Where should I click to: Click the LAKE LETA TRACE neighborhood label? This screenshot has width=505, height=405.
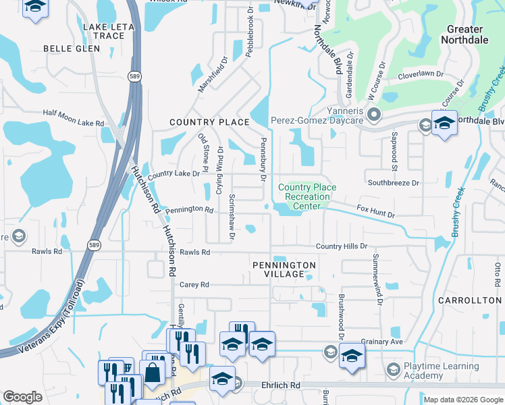(x=103, y=31)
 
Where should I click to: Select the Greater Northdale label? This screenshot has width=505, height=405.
(x=464, y=34)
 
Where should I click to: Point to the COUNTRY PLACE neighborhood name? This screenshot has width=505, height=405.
(x=209, y=122)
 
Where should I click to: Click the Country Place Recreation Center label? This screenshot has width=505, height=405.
(x=307, y=196)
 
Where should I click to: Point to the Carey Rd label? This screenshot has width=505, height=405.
(x=194, y=285)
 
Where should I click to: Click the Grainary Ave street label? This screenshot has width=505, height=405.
(x=381, y=342)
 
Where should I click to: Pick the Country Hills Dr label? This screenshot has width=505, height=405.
(x=341, y=247)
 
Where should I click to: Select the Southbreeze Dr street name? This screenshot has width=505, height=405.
(x=393, y=183)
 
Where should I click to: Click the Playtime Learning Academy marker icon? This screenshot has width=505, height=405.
(x=393, y=369)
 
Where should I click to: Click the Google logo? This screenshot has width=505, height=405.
(x=23, y=397)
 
